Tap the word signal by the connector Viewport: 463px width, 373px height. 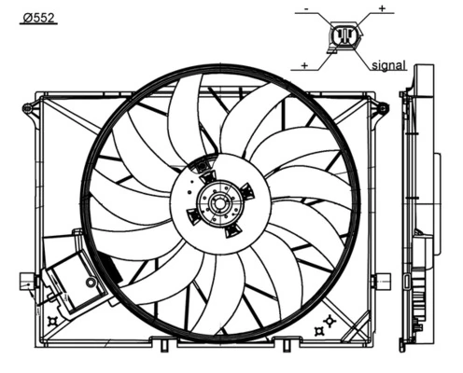click(x=387, y=65)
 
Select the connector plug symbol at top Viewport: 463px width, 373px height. click(x=343, y=37)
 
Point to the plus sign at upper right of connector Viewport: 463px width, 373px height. click(x=381, y=8)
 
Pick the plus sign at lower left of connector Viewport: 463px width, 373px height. click(x=305, y=65)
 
